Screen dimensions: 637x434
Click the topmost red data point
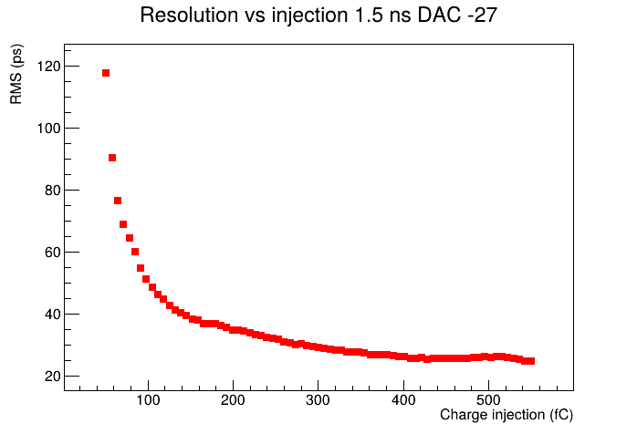(x=106, y=73)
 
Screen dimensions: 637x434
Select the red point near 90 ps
(x=112, y=158)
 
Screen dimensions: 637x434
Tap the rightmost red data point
(x=531, y=361)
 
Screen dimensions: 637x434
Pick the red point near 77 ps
(x=118, y=201)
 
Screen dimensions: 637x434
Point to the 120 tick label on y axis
(x=48, y=67)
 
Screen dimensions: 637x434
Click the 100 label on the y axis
(x=48, y=129)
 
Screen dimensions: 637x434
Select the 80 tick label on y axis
(x=52, y=191)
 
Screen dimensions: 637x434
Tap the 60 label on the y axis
(x=52, y=253)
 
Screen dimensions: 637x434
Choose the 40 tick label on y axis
(x=52, y=315)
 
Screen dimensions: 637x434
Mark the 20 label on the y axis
(x=52, y=377)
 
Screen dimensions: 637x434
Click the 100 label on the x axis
(x=148, y=400)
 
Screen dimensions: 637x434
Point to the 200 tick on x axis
(x=234, y=400)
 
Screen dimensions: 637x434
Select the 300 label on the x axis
(x=318, y=400)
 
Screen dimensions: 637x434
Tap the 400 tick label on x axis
(x=403, y=400)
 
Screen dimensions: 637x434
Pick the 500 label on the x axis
(x=488, y=400)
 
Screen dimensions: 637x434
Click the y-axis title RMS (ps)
(x=16, y=74)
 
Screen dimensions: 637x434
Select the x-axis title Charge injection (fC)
(x=506, y=415)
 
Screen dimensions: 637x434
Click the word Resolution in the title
(x=189, y=15)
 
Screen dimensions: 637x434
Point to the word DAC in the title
(x=440, y=15)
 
